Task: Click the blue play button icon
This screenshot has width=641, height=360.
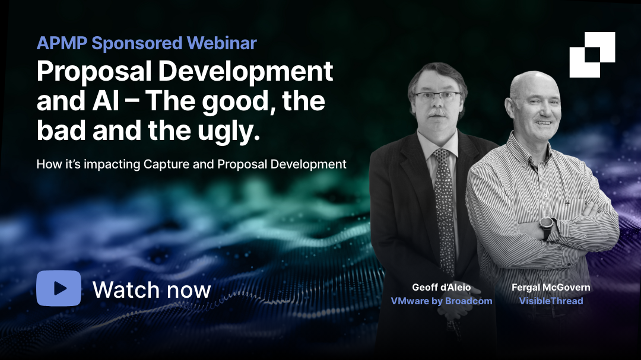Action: (x=58, y=288)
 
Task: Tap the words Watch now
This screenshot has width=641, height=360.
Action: (x=151, y=289)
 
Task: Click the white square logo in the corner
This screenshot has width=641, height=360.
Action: (x=592, y=55)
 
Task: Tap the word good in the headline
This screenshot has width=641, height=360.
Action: (x=240, y=101)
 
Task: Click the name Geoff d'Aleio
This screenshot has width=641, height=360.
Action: (x=441, y=288)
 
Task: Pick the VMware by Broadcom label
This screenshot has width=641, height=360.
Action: (x=441, y=301)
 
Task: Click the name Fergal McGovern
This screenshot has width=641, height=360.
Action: (x=551, y=288)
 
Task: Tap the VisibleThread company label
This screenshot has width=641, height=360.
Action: (x=551, y=301)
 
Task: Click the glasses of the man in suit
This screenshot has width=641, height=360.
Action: (x=437, y=96)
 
